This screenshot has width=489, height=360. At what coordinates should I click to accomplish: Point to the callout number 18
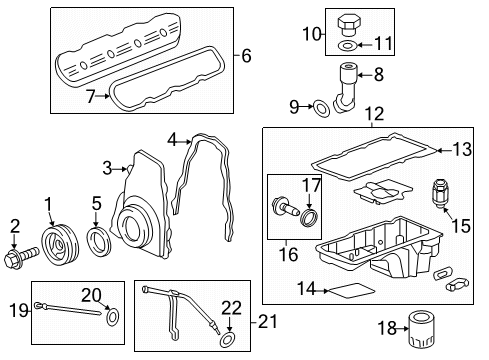tap(392, 327)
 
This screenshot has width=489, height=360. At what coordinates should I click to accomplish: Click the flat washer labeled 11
tap(345, 45)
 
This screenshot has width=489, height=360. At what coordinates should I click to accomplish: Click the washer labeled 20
tap(111, 317)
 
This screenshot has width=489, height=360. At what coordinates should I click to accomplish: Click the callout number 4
tap(172, 141)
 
